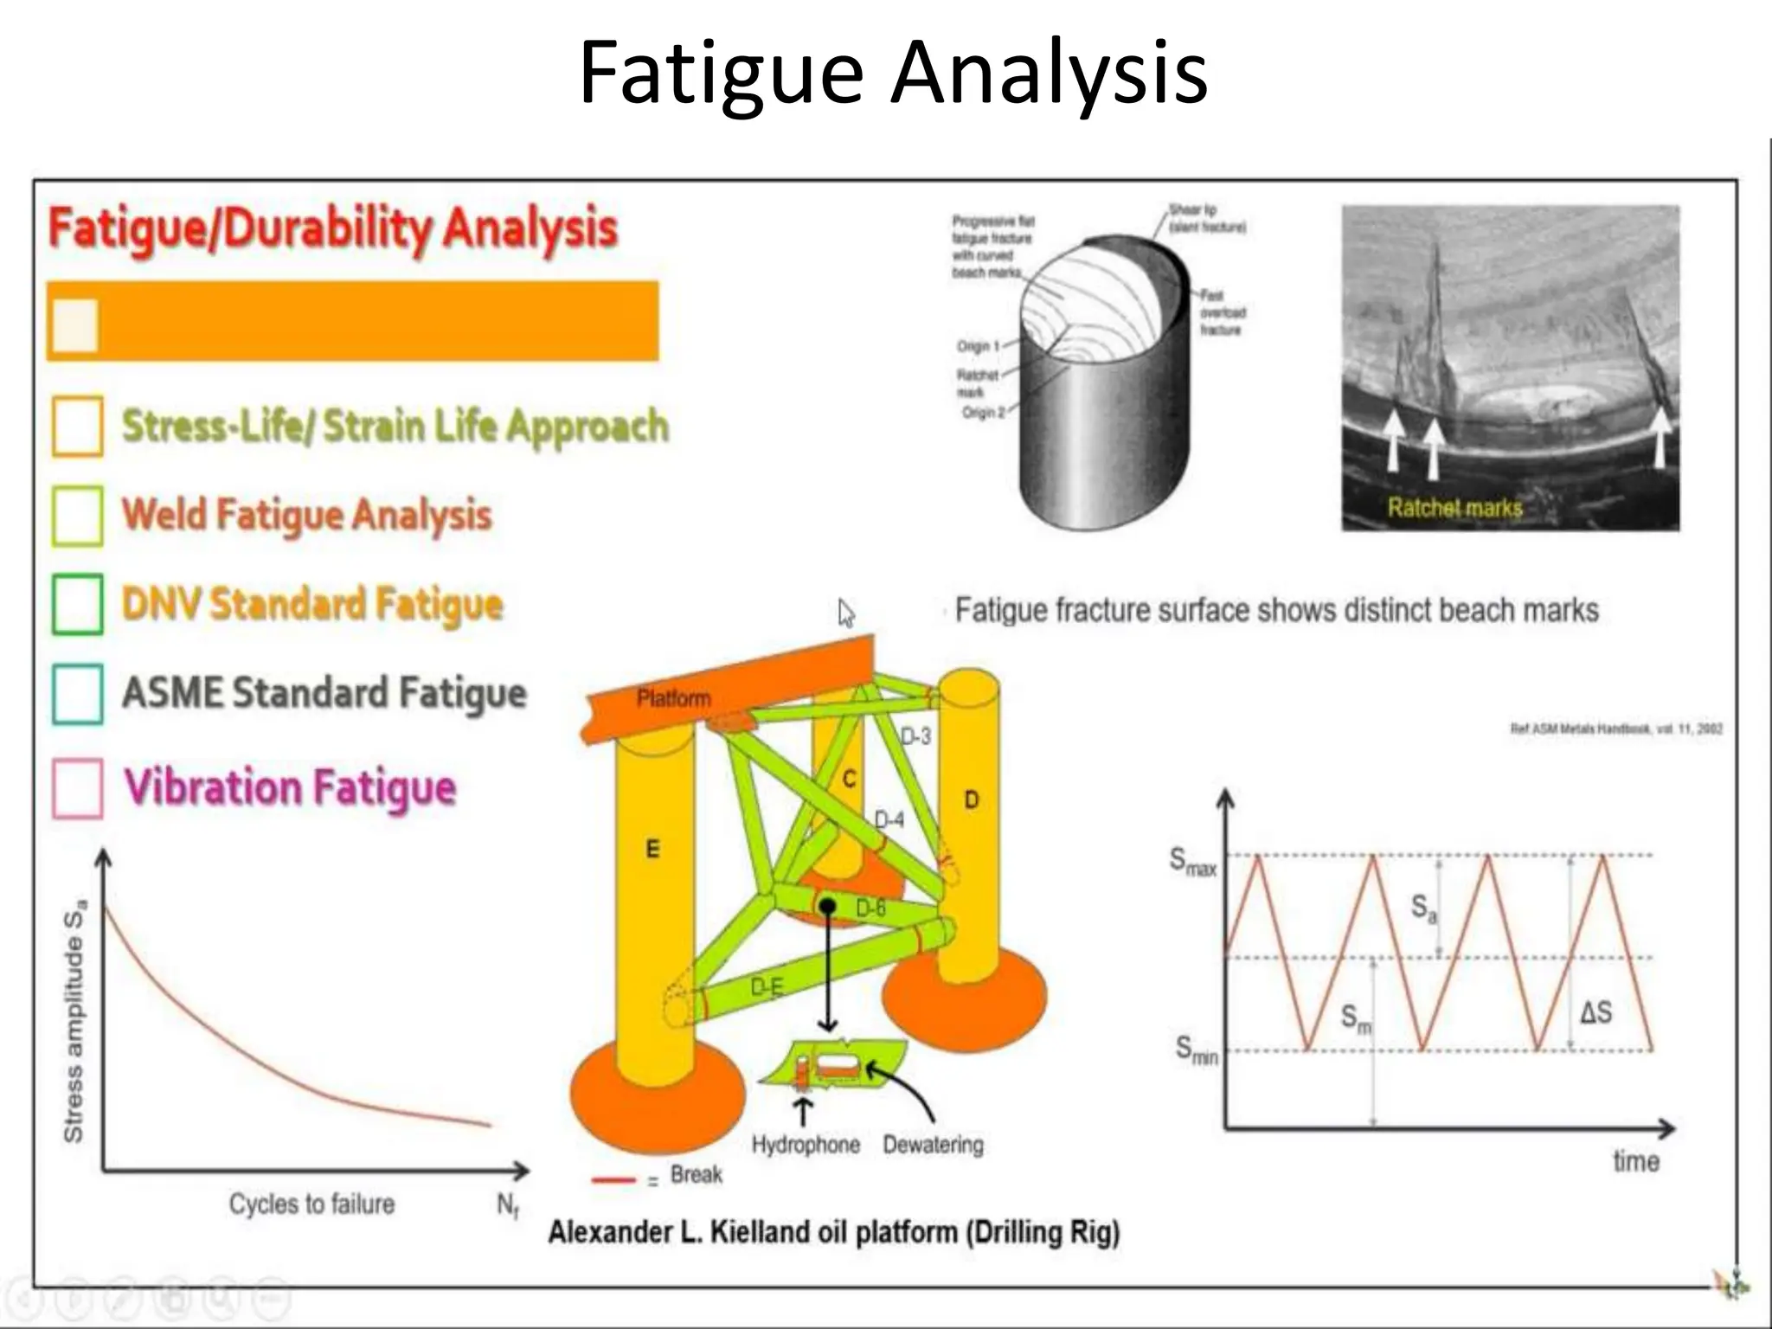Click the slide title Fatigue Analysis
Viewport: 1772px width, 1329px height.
click(893, 73)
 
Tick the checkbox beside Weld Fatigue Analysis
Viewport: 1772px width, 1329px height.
click(77, 516)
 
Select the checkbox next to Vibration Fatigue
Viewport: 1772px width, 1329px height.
click(77, 787)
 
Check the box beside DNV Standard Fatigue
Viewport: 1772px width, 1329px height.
click(77, 604)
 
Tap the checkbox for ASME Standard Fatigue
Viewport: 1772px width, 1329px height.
click(77, 693)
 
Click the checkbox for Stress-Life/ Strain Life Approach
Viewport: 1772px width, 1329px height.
click(77, 426)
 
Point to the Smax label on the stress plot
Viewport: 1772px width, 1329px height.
click(1192, 862)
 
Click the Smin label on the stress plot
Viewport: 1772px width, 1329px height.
click(1196, 1050)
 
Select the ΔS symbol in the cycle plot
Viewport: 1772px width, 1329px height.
click(1595, 1011)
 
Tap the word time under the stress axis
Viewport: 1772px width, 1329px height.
click(1635, 1161)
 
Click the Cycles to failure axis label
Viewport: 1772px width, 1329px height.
click(311, 1204)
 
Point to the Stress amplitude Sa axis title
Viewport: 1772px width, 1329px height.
click(74, 1021)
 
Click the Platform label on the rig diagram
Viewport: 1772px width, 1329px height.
click(673, 698)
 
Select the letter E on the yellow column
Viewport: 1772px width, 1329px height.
click(652, 849)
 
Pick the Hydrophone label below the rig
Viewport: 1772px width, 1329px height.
click(806, 1145)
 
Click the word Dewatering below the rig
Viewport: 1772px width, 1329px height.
click(933, 1145)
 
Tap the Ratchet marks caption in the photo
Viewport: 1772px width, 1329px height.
click(1454, 507)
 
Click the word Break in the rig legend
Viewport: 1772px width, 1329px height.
click(696, 1175)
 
